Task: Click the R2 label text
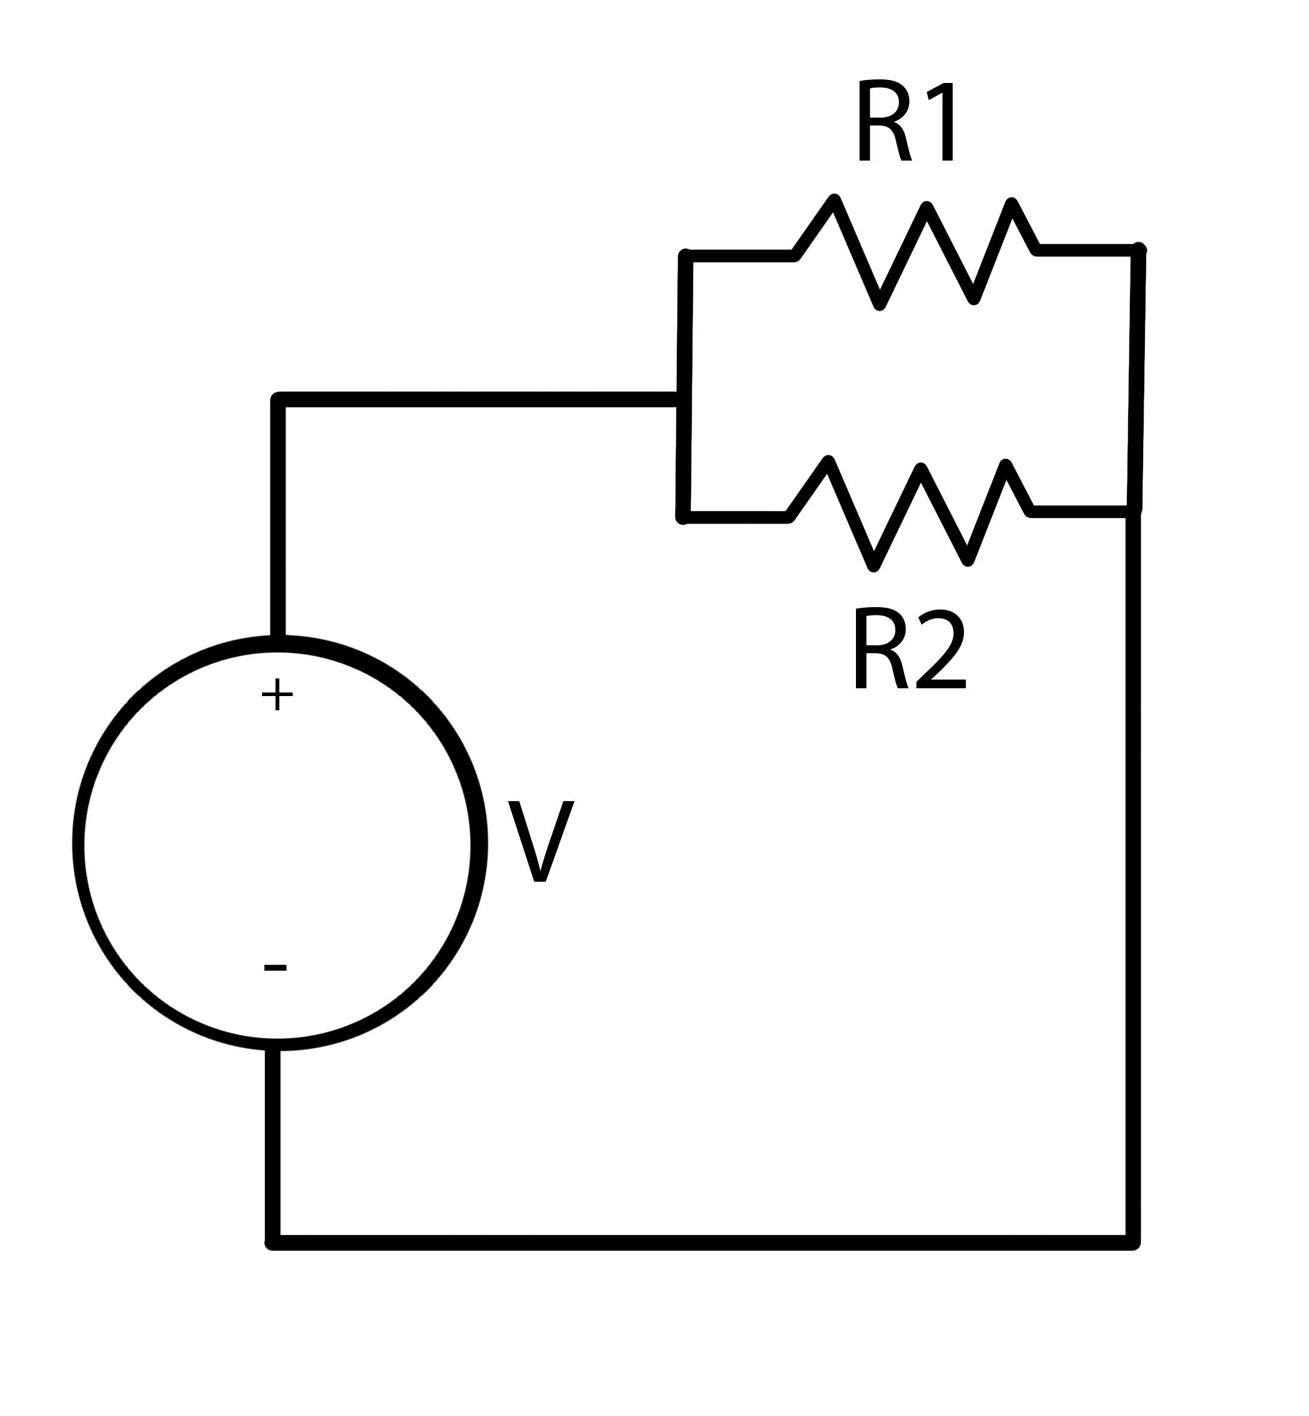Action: pyautogui.click(x=910, y=649)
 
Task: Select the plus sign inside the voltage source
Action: pyautogui.click(x=277, y=694)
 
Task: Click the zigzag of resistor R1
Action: pyautogui.click(x=914, y=251)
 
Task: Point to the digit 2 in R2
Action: pyautogui.click(x=941, y=649)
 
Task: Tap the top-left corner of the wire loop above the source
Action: pyautogui.click(x=278, y=399)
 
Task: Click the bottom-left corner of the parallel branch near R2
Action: pyautogui.click(x=683, y=517)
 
